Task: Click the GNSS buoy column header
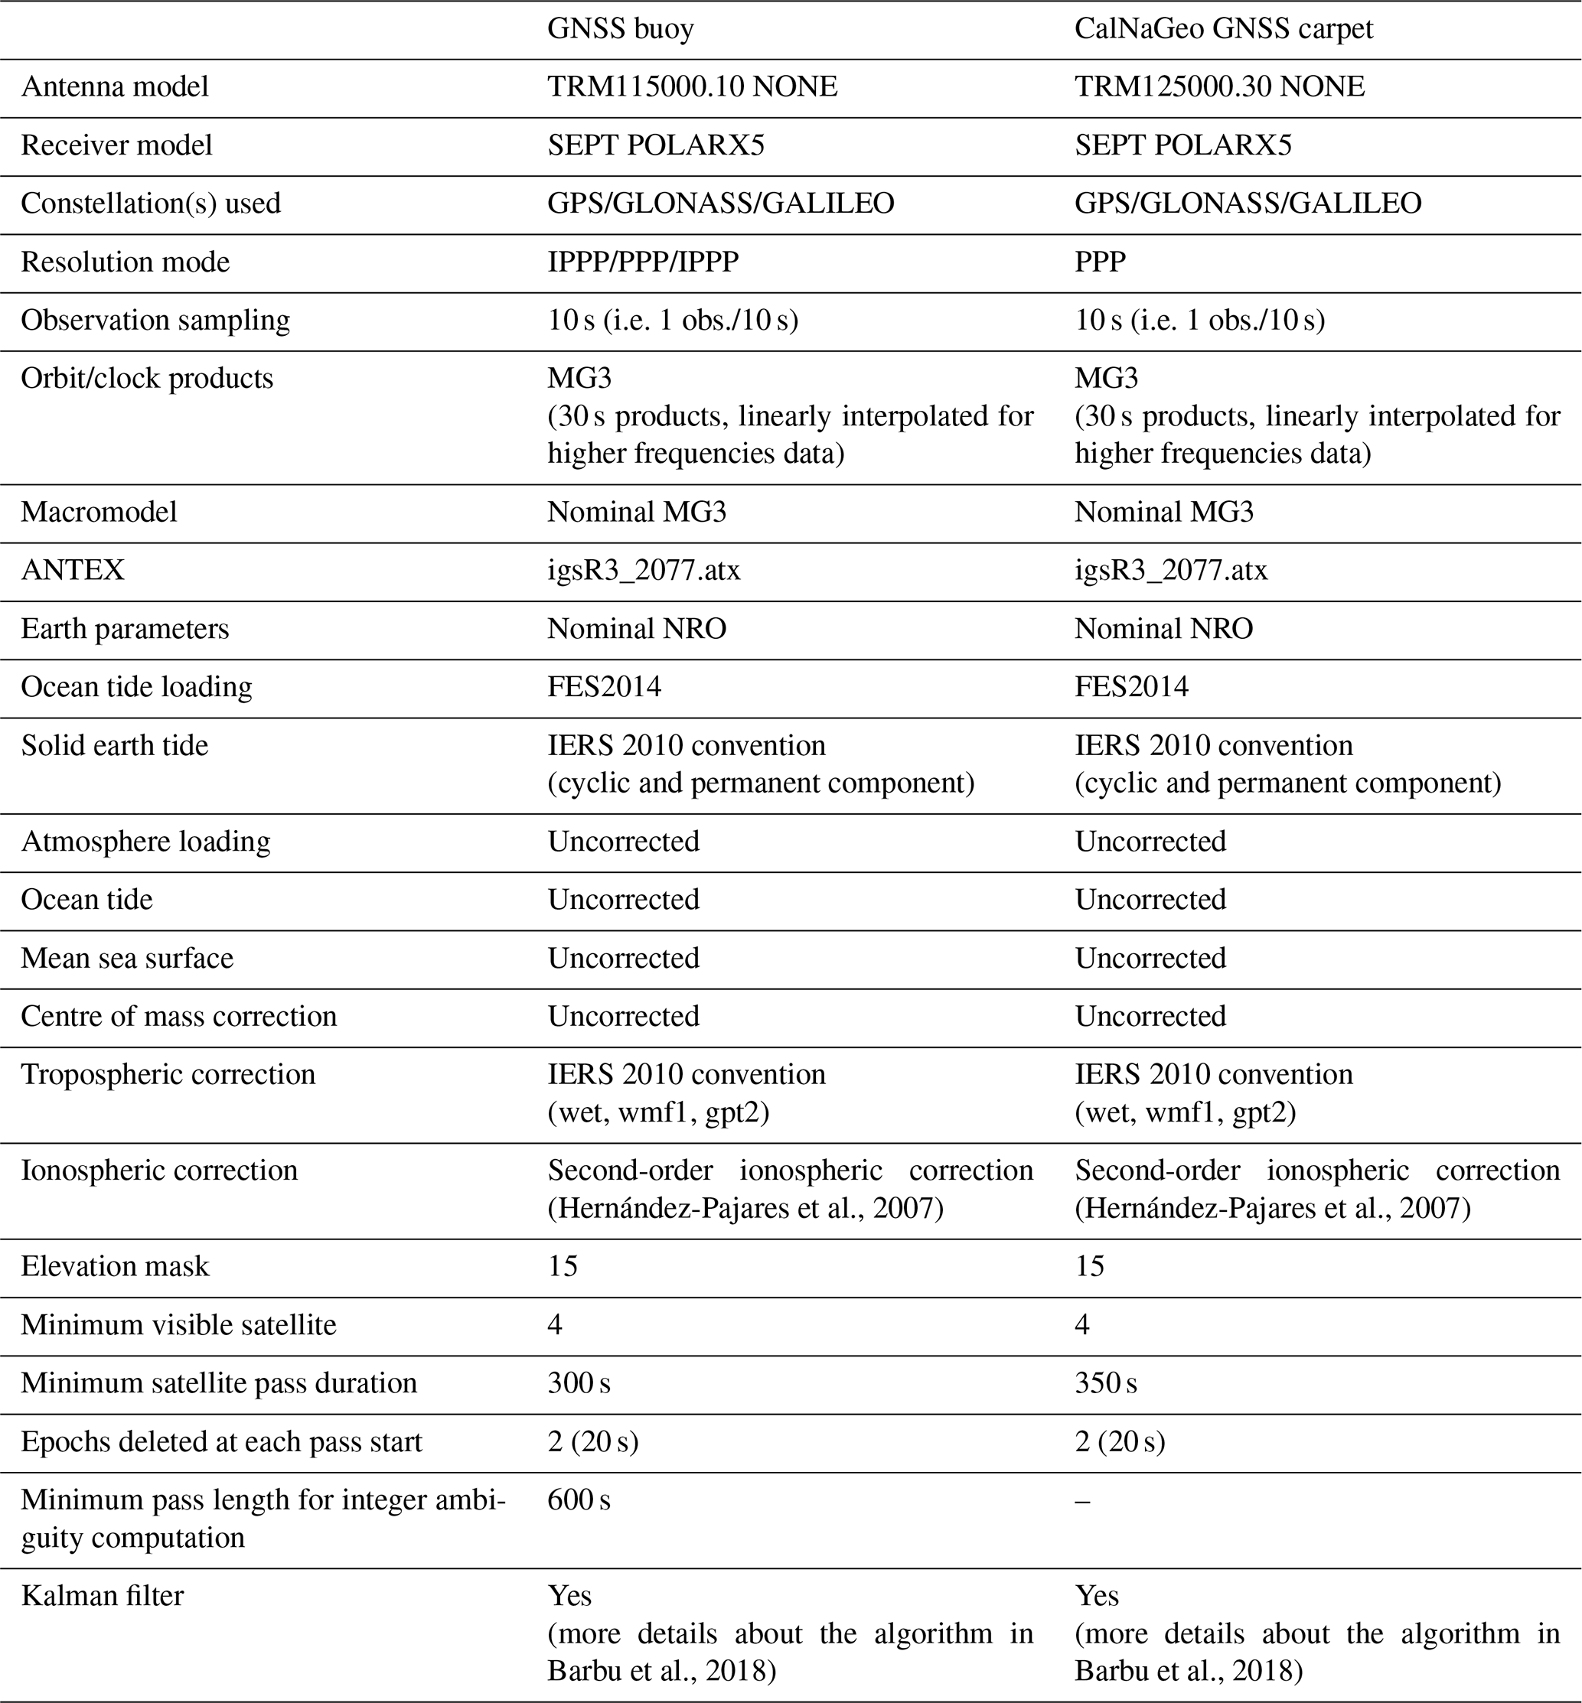coord(621,29)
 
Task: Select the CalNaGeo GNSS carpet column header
coord(1223,29)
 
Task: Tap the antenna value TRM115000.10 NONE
coord(692,86)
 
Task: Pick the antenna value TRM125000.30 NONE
coord(1219,86)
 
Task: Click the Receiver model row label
coord(116,145)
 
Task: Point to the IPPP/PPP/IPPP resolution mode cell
coord(643,262)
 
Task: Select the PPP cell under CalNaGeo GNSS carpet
coord(1100,262)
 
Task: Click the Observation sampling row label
coord(155,320)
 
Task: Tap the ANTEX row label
coord(73,570)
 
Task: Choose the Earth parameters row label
coord(125,629)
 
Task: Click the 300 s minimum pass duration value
coord(579,1384)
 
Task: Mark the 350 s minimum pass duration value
coord(1106,1384)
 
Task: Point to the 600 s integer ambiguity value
coord(579,1500)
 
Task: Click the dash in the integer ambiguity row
coord(1083,1500)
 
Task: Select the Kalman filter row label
coord(102,1596)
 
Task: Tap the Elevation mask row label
coord(115,1267)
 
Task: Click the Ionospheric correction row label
coord(159,1171)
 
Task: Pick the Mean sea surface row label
coord(127,959)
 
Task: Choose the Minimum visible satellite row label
coord(178,1325)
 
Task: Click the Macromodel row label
coord(99,512)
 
